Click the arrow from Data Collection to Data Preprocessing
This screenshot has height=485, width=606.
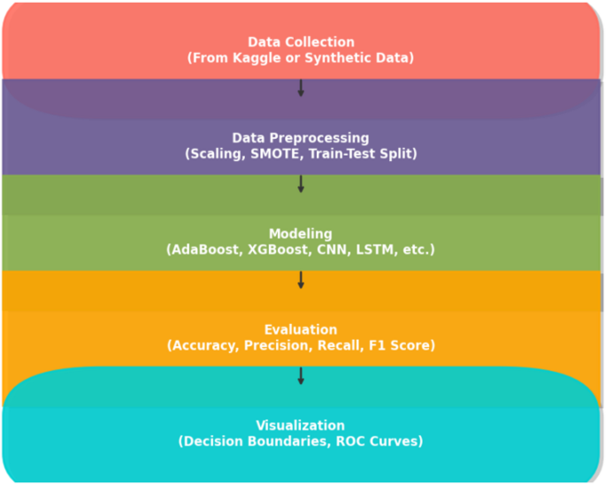pyautogui.click(x=301, y=88)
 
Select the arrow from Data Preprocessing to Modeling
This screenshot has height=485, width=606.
pyautogui.click(x=301, y=183)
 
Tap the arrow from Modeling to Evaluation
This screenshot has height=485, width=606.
pyautogui.click(x=301, y=280)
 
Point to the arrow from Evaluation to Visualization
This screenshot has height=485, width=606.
pyautogui.click(x=301, y=376)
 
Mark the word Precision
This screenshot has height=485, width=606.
pyautogui.click(x=276, y=346)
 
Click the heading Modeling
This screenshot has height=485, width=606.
pyautogui.click(x=301, y=235)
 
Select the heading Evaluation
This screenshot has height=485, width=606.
pyautogui.click(x=301, y=330)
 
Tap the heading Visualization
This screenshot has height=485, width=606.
pyautogui.click(x=301, y=426)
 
